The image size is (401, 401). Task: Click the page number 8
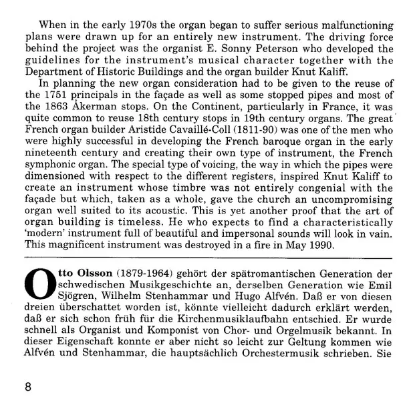(x=27, y=385)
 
